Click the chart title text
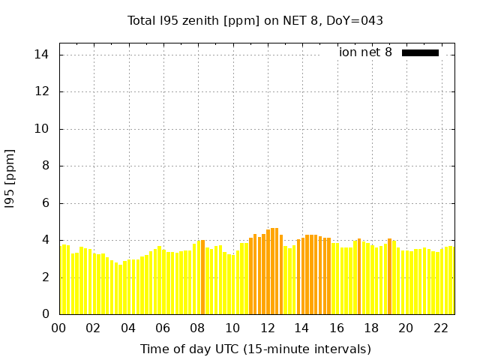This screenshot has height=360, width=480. tap(255, 20)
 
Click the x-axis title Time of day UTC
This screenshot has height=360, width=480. tap(255, 349)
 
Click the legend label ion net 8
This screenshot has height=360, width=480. tap(365, 52)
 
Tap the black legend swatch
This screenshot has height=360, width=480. tap(420, 52)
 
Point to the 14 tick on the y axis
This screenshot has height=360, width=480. tap(43, 55)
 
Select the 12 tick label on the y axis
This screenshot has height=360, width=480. tap(43, 91)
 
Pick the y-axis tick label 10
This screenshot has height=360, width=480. tap(43, 129)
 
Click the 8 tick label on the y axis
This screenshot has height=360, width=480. tap(46, 166)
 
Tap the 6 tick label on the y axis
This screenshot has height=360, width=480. tap(46, 202)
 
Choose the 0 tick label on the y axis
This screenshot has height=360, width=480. tap(46, 314)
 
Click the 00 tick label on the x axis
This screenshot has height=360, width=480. tap(59, 328)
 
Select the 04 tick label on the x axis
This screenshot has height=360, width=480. tap(128, 328)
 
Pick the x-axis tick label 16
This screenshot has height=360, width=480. tap(337, 328)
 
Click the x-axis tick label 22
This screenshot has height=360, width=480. tap(441, 328)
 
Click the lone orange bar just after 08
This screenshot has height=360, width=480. tap(202, 277)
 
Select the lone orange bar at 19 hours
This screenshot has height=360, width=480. tap(389, 277)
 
